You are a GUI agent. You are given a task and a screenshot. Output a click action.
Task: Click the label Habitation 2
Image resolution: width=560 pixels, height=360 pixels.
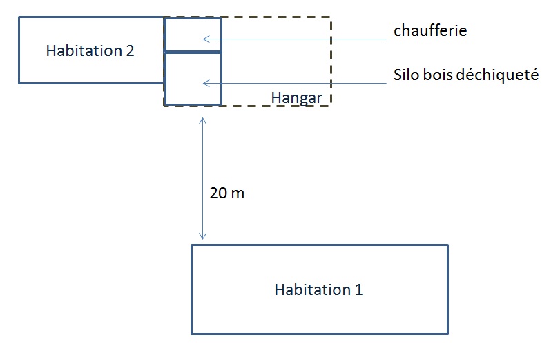pos(90,50)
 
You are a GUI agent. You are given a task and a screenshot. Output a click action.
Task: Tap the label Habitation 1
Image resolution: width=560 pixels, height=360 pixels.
pos(318,290)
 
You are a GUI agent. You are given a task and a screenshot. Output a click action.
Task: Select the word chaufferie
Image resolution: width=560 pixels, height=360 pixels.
pos(430,30)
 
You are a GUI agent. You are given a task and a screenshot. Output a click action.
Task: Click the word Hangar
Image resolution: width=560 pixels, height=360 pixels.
pos(296,98)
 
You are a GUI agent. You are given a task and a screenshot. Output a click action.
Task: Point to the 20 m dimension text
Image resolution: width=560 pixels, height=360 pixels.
pos(226,193)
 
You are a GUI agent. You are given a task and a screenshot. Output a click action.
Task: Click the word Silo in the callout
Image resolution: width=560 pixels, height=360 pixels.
pos(407,75)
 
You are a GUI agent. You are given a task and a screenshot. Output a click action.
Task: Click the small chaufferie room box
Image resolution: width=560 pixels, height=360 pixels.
pos(193,35)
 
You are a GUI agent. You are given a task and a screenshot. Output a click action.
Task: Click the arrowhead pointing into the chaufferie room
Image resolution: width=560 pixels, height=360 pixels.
pos(206,39)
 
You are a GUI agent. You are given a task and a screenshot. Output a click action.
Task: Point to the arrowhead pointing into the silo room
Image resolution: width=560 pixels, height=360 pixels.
pos(206,84)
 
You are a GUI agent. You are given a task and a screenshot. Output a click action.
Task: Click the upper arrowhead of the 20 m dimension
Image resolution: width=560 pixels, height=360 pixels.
pos(202,120)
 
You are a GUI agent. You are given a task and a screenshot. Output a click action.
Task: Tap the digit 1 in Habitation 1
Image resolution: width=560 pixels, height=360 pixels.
pos(358,290)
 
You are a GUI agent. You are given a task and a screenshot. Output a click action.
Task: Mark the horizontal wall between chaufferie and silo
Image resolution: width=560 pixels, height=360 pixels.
pos(193,52)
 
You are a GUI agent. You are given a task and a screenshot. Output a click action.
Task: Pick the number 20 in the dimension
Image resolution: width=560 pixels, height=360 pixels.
pos(218,193)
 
